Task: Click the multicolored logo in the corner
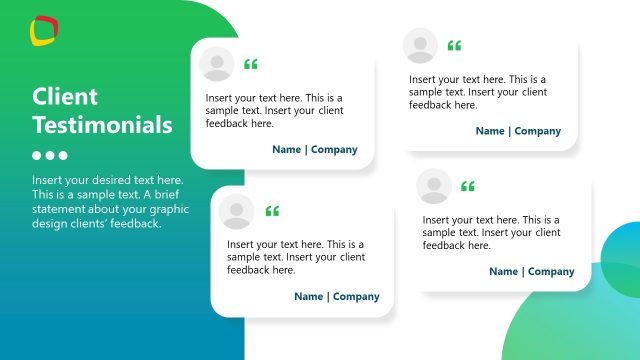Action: pyautogui.click(x=44, y=30)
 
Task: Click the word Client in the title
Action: pyautogui.click(x=65, y=97)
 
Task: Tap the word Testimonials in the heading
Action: pyautogui.click(x=102, y=126)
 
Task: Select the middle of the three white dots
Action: pyautogui.click(x=50, y=156)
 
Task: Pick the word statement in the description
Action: pyautogui.click(x=62, y=209)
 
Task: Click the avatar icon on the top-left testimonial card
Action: pyautogui.click(x=217, y=64)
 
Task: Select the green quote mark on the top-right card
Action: pyautogui.click(x=454, y=46)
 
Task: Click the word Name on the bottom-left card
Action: pyautogui.click(x=309, y=296)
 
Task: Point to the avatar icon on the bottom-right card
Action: pyautogui.click(x=433, y=185)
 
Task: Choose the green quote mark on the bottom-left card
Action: pyautogui.click(x=272, y=211)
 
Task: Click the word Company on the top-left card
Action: pyautogui.click(x=334, y=150)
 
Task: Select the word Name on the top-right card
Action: pyautogui.click(x=490, y=131)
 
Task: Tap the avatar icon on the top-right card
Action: pyautogui.click(x=420, y=45)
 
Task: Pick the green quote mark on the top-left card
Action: pyautogui.click(x=250, y=65)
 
